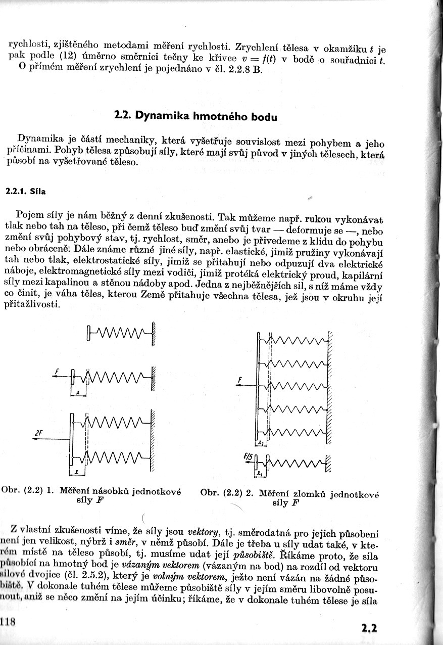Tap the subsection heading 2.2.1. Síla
pyautogui.click(x=25, y=192)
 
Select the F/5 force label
pyautogui.click(x=248, y=456)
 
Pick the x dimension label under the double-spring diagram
pyautogui.click(x=76, y=472)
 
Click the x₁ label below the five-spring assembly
pyautogui.click(x=261, y=443)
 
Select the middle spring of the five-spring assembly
pyautogui.click(x=298, y=386)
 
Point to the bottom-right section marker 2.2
pyautogui.click(x=369, y=629)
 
